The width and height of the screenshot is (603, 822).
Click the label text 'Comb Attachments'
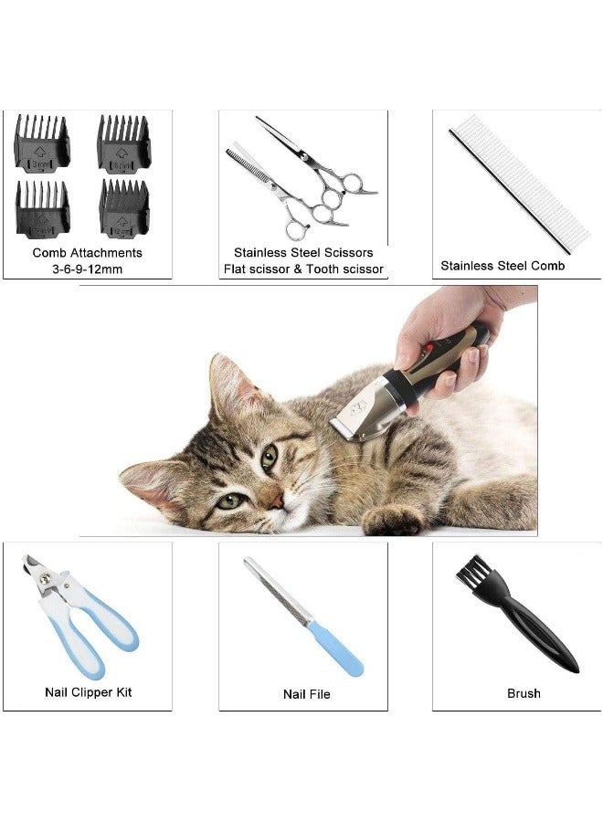pos(87,253)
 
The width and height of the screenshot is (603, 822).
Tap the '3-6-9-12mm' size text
pos(87,269)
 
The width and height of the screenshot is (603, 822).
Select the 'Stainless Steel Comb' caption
pos(503,266)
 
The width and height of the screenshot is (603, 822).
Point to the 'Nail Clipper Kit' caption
pos(88,692)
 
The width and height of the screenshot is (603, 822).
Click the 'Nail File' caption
pos(307,694)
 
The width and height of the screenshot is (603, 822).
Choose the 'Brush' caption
pos(524,693)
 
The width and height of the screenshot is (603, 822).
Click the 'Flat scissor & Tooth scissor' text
pos(303,269)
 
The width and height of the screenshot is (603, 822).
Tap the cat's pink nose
pos(276,502)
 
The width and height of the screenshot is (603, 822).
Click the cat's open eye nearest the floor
pos(230,501)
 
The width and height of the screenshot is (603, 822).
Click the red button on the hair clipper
pos(428,347)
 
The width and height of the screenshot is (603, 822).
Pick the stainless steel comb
pos(519,184)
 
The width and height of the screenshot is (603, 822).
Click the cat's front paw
pos(393,519)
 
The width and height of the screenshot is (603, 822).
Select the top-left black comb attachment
pos(42,143)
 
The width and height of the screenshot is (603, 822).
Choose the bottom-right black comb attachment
pos(124,208)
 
